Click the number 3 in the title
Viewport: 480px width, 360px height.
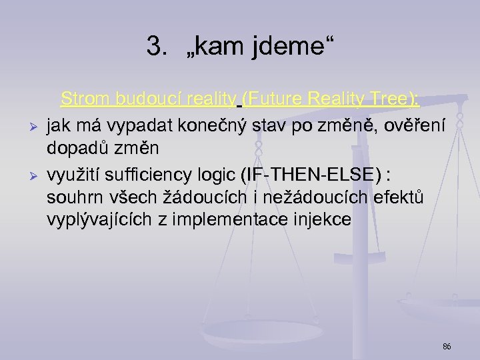click(x=155, y=47)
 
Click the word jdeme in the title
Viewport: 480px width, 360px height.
click(x=291, y=47)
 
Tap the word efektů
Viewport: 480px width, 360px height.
click(x=397, y=197)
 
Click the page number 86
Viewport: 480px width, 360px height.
click(x=447, y=347)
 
